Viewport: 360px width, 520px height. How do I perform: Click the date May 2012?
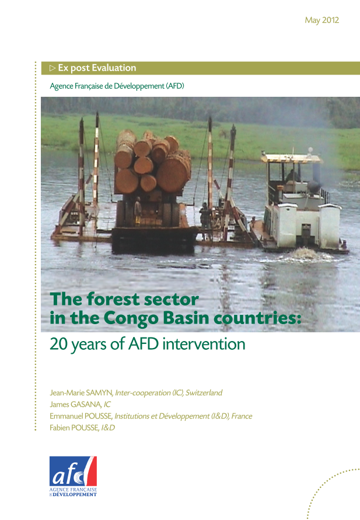(x=322, y=20)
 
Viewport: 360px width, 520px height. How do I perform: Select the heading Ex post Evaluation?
(x=97, y=68)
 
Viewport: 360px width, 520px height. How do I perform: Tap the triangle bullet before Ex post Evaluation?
(x=53, y=68)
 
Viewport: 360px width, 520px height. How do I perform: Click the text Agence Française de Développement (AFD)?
(x=117, y=86)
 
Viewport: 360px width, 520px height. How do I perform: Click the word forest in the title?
(x=113, y=299)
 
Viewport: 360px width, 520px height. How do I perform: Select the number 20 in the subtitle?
(x=59, y=344)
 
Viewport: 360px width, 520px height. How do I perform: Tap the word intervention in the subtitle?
(x=204, y=344)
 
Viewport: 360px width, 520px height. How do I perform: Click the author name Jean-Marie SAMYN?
(x=81, y=393)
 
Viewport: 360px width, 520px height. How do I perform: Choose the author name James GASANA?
(x=75, y=404)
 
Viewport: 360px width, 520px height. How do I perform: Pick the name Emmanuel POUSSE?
(x=81, y=416)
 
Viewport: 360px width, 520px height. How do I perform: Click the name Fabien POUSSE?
(x=74, y=427)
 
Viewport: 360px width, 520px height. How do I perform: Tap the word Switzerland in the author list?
(x=204, y=393)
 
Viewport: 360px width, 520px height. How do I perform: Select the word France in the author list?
(x=242, y=416)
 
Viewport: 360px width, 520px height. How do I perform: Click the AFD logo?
(x=74, y=476)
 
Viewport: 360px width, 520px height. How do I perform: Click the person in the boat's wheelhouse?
(x=293, y=176)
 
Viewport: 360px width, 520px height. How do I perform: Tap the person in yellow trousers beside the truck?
(x=138, y=210)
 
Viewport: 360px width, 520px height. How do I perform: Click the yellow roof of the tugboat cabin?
(x=291, y=158)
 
